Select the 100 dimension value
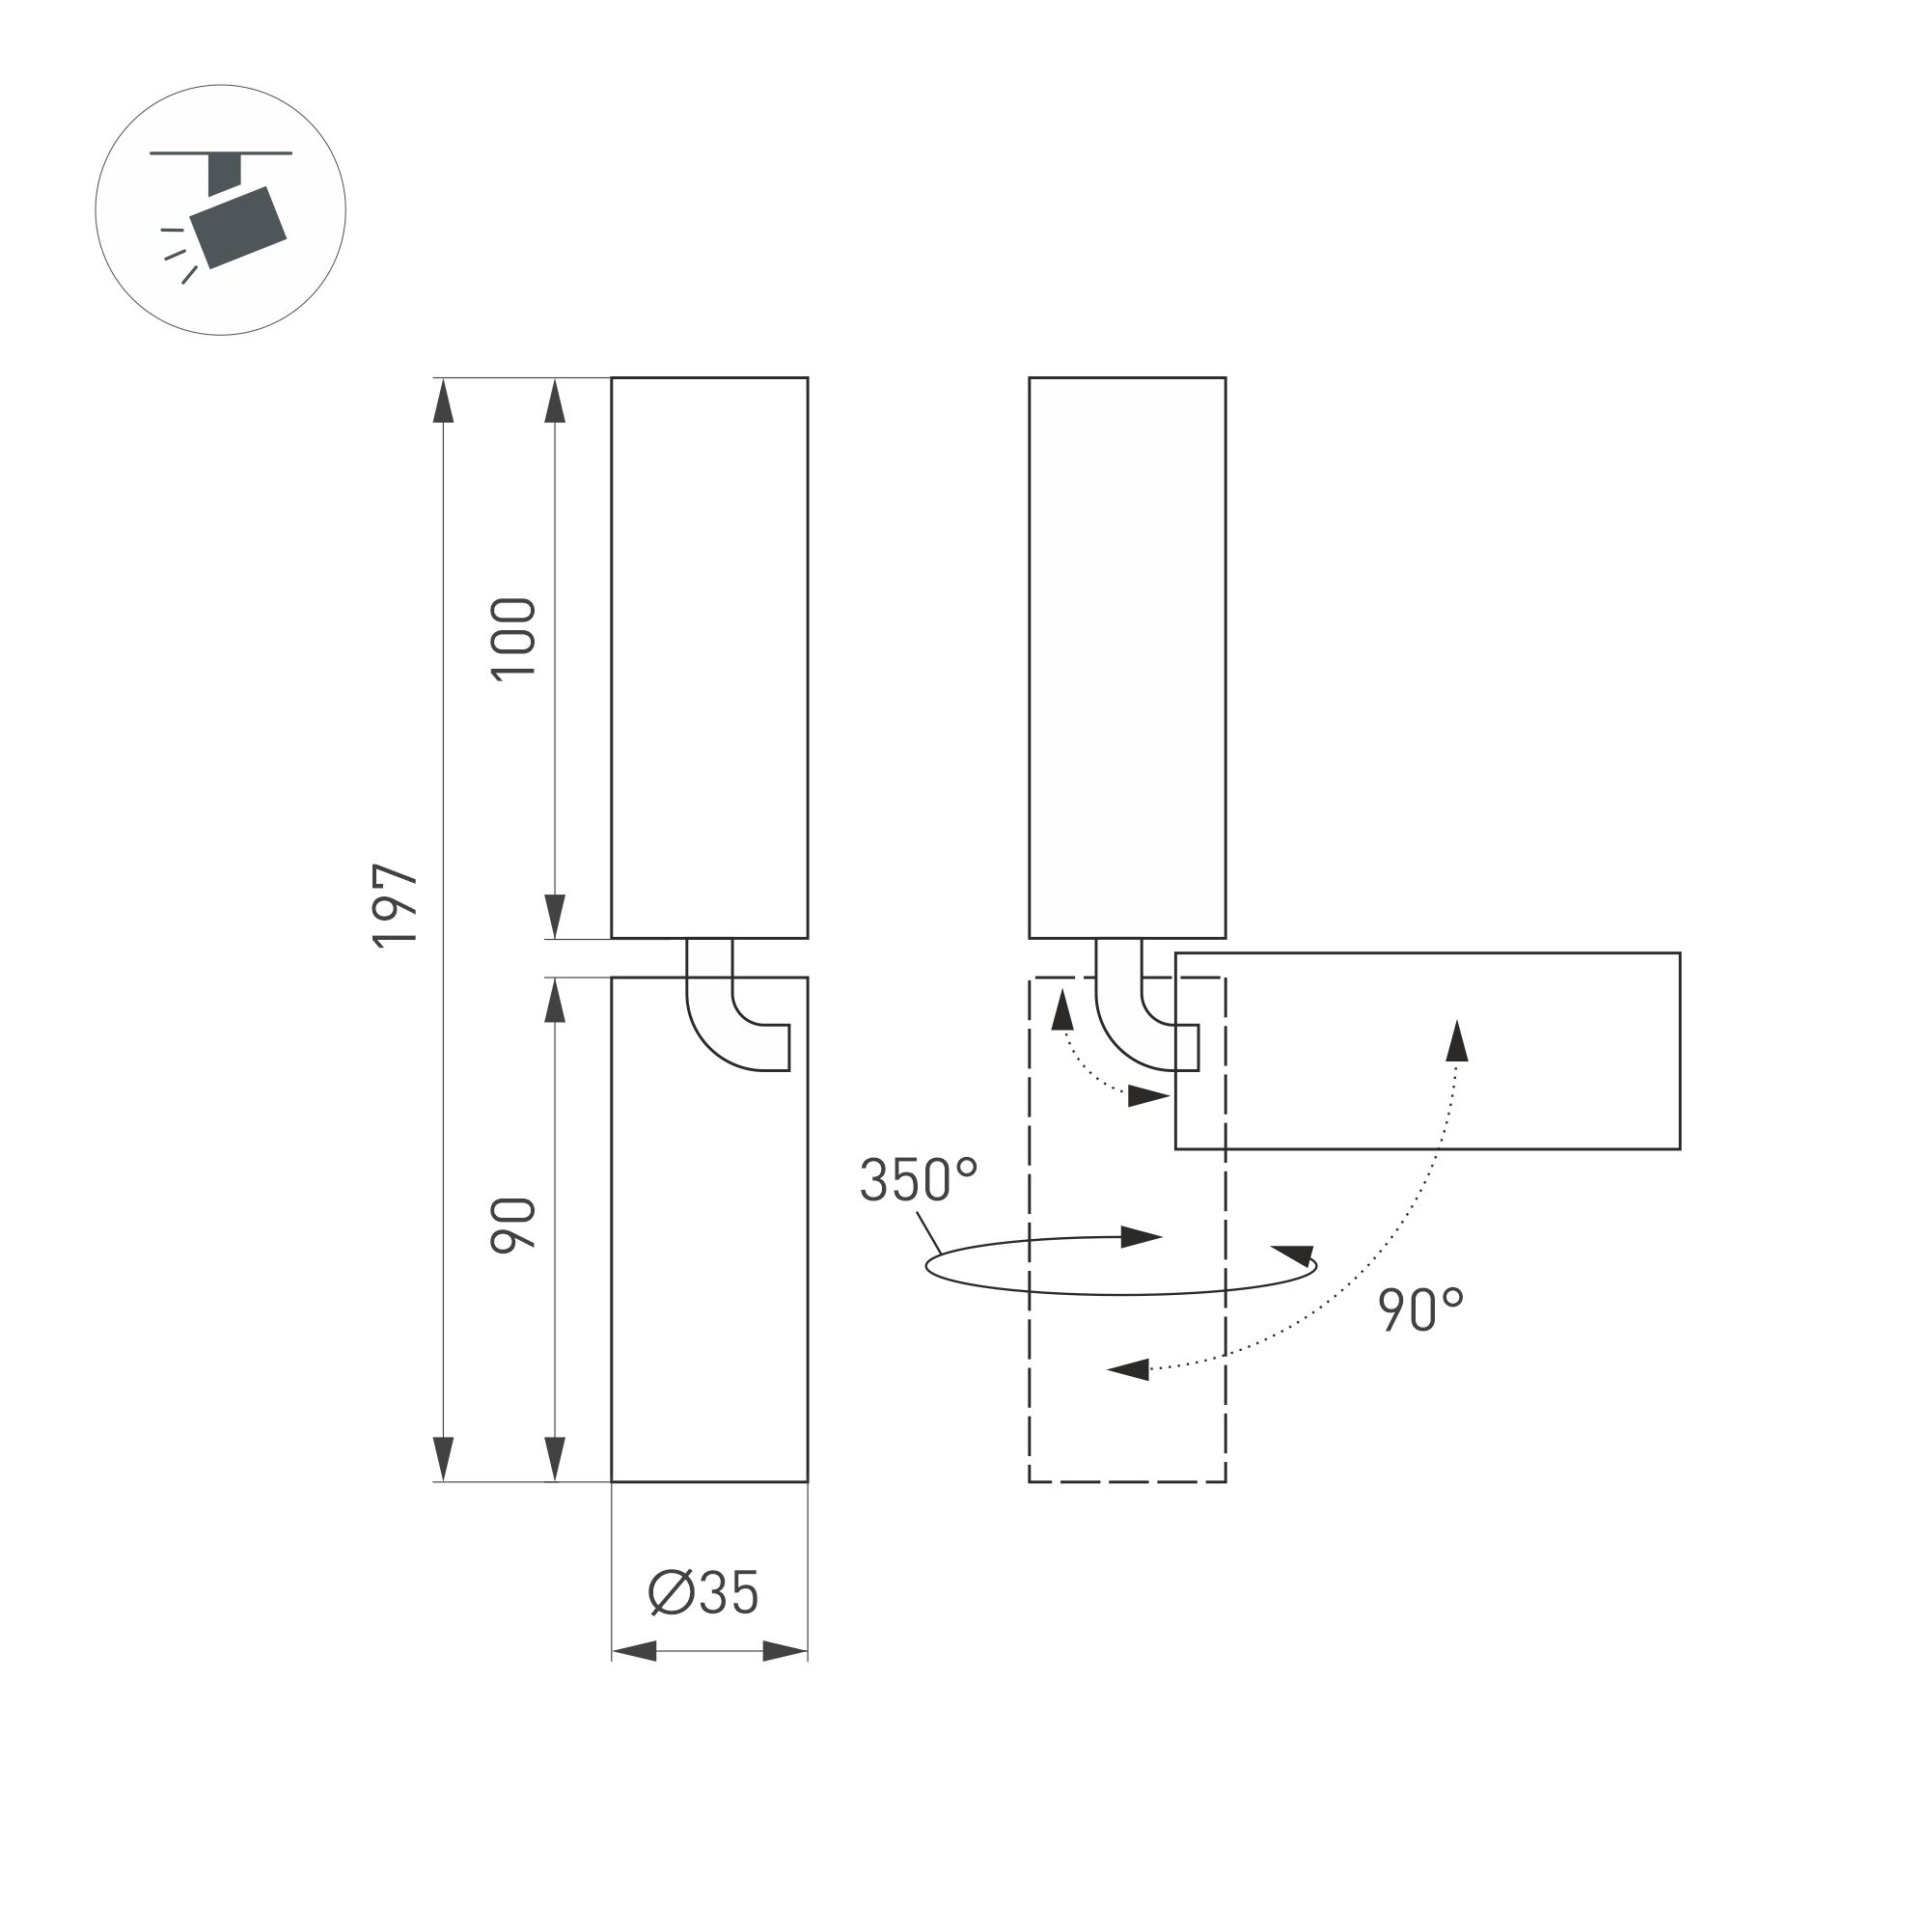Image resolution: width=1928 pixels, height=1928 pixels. click(515, 639)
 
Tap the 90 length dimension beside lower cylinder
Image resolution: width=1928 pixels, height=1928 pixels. click(515, 1225)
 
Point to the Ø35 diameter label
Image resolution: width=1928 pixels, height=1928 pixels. click(703, 1593)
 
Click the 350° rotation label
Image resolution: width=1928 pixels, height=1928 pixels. click(918, 1179)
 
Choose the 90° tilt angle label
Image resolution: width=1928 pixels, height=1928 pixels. click(1421, 1310)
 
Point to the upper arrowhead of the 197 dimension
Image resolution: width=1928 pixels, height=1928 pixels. click(444, 401)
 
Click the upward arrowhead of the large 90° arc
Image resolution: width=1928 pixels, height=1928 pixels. click(1458, 1041)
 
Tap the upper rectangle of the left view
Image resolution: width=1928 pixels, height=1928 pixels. click(708, 659)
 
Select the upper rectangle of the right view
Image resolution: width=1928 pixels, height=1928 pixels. click(1127, 659)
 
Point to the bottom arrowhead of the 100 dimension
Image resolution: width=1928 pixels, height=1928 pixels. click(556, 915)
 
